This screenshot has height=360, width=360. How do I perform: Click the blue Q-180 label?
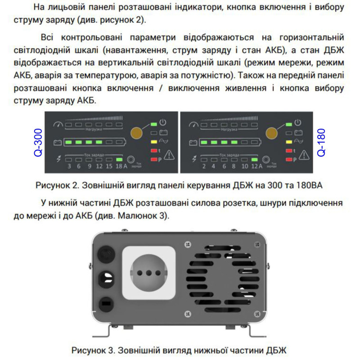[x=321, y=143]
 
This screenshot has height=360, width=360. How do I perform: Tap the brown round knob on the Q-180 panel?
[x=271, y=133]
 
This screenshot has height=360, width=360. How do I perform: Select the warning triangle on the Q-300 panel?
[x=169, y=155]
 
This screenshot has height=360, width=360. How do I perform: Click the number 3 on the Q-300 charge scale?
[x=69, y=166]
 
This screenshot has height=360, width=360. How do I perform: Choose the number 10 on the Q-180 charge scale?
[x=244, y=166]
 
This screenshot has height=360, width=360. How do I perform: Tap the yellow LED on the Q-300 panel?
[x=154, y=141]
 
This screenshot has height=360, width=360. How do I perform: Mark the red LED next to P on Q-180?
[x=289, y=159]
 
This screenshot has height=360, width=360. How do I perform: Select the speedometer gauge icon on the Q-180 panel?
[x=193, y=124]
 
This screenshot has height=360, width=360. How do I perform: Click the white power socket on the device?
[x=148, y=273]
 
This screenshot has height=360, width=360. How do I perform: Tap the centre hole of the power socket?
[x=148, y=273]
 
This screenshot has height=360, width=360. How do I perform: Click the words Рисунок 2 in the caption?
[x=55, y=185]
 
